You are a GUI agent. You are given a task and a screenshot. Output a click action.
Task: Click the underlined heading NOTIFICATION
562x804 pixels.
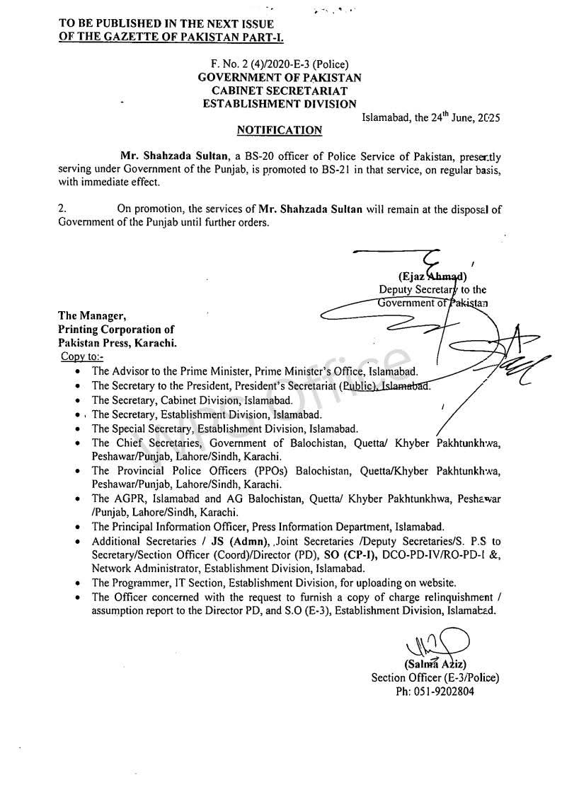pyautogui.click(x=280, y=130)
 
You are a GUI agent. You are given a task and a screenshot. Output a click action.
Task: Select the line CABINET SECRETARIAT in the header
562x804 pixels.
pyautogui.click(x=280, y=91)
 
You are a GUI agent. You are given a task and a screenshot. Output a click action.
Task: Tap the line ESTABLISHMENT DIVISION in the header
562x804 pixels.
pyautogui.click(x=280, y=104)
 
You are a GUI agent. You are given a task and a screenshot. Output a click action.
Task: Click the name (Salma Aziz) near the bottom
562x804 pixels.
pyautogui.click(x=434, y=664)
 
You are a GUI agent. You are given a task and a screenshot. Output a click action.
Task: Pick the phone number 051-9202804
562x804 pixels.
pyautogui.click(x=435, y=691)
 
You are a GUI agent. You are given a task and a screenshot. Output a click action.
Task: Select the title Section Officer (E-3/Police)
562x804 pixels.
pyautogui.click(x=435, y=677)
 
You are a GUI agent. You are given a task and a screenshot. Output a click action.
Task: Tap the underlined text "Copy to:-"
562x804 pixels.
pyautogui.click(x=84, y=357)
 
